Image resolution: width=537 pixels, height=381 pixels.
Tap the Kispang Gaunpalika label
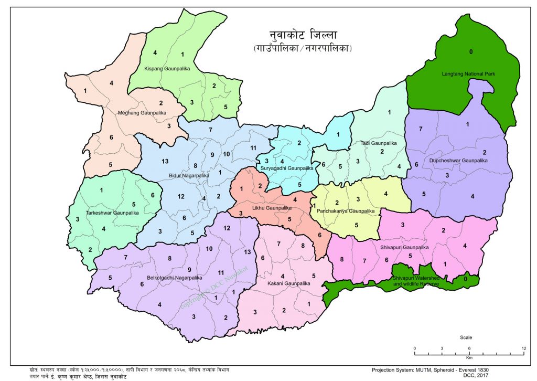click(x=166, y=69)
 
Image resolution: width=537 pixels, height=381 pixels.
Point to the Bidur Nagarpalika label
click(x=189, y=175)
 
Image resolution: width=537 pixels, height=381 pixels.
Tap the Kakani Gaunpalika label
click(x=288, y=283)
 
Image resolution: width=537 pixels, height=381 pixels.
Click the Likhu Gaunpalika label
click(x=272, y=208)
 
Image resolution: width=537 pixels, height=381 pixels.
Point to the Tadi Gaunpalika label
click(x=379, y=143)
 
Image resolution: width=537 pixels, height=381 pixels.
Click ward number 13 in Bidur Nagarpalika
click(x=165, y=161)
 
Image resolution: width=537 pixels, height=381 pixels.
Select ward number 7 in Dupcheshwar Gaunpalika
click(x=421, y=129)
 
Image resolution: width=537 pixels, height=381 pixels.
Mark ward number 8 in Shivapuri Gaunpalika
click(x=341, y=259)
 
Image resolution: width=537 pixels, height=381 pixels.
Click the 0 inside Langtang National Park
click(x=471, y=51)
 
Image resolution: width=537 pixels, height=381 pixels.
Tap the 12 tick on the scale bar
click(x=524, y=348)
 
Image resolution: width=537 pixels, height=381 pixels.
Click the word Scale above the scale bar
click(x=466, y=337)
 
